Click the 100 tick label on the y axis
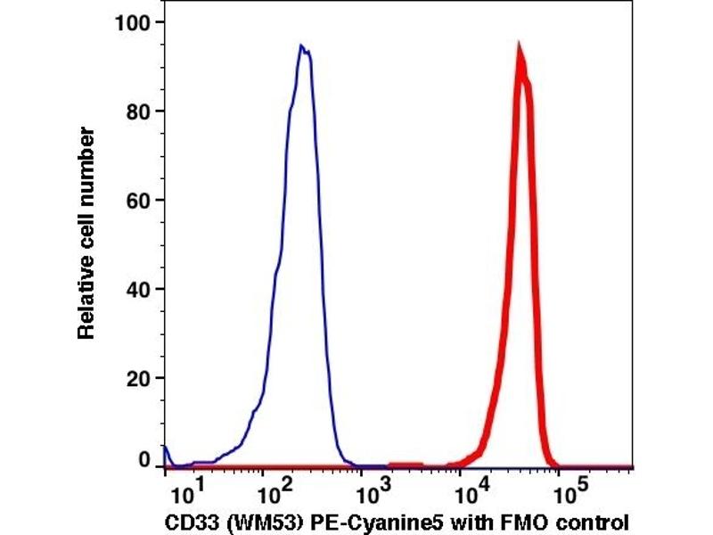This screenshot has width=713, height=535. point(131,22)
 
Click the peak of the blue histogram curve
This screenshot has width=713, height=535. point(302,46)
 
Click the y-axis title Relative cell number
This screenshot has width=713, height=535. point(86,233)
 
